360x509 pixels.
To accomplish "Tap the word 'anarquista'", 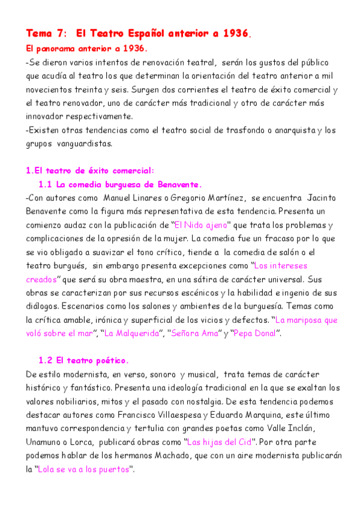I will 289,130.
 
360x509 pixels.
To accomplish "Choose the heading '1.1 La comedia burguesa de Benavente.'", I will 120,184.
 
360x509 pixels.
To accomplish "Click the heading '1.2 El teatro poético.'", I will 83,361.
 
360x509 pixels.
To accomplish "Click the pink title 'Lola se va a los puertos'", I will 83,469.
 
